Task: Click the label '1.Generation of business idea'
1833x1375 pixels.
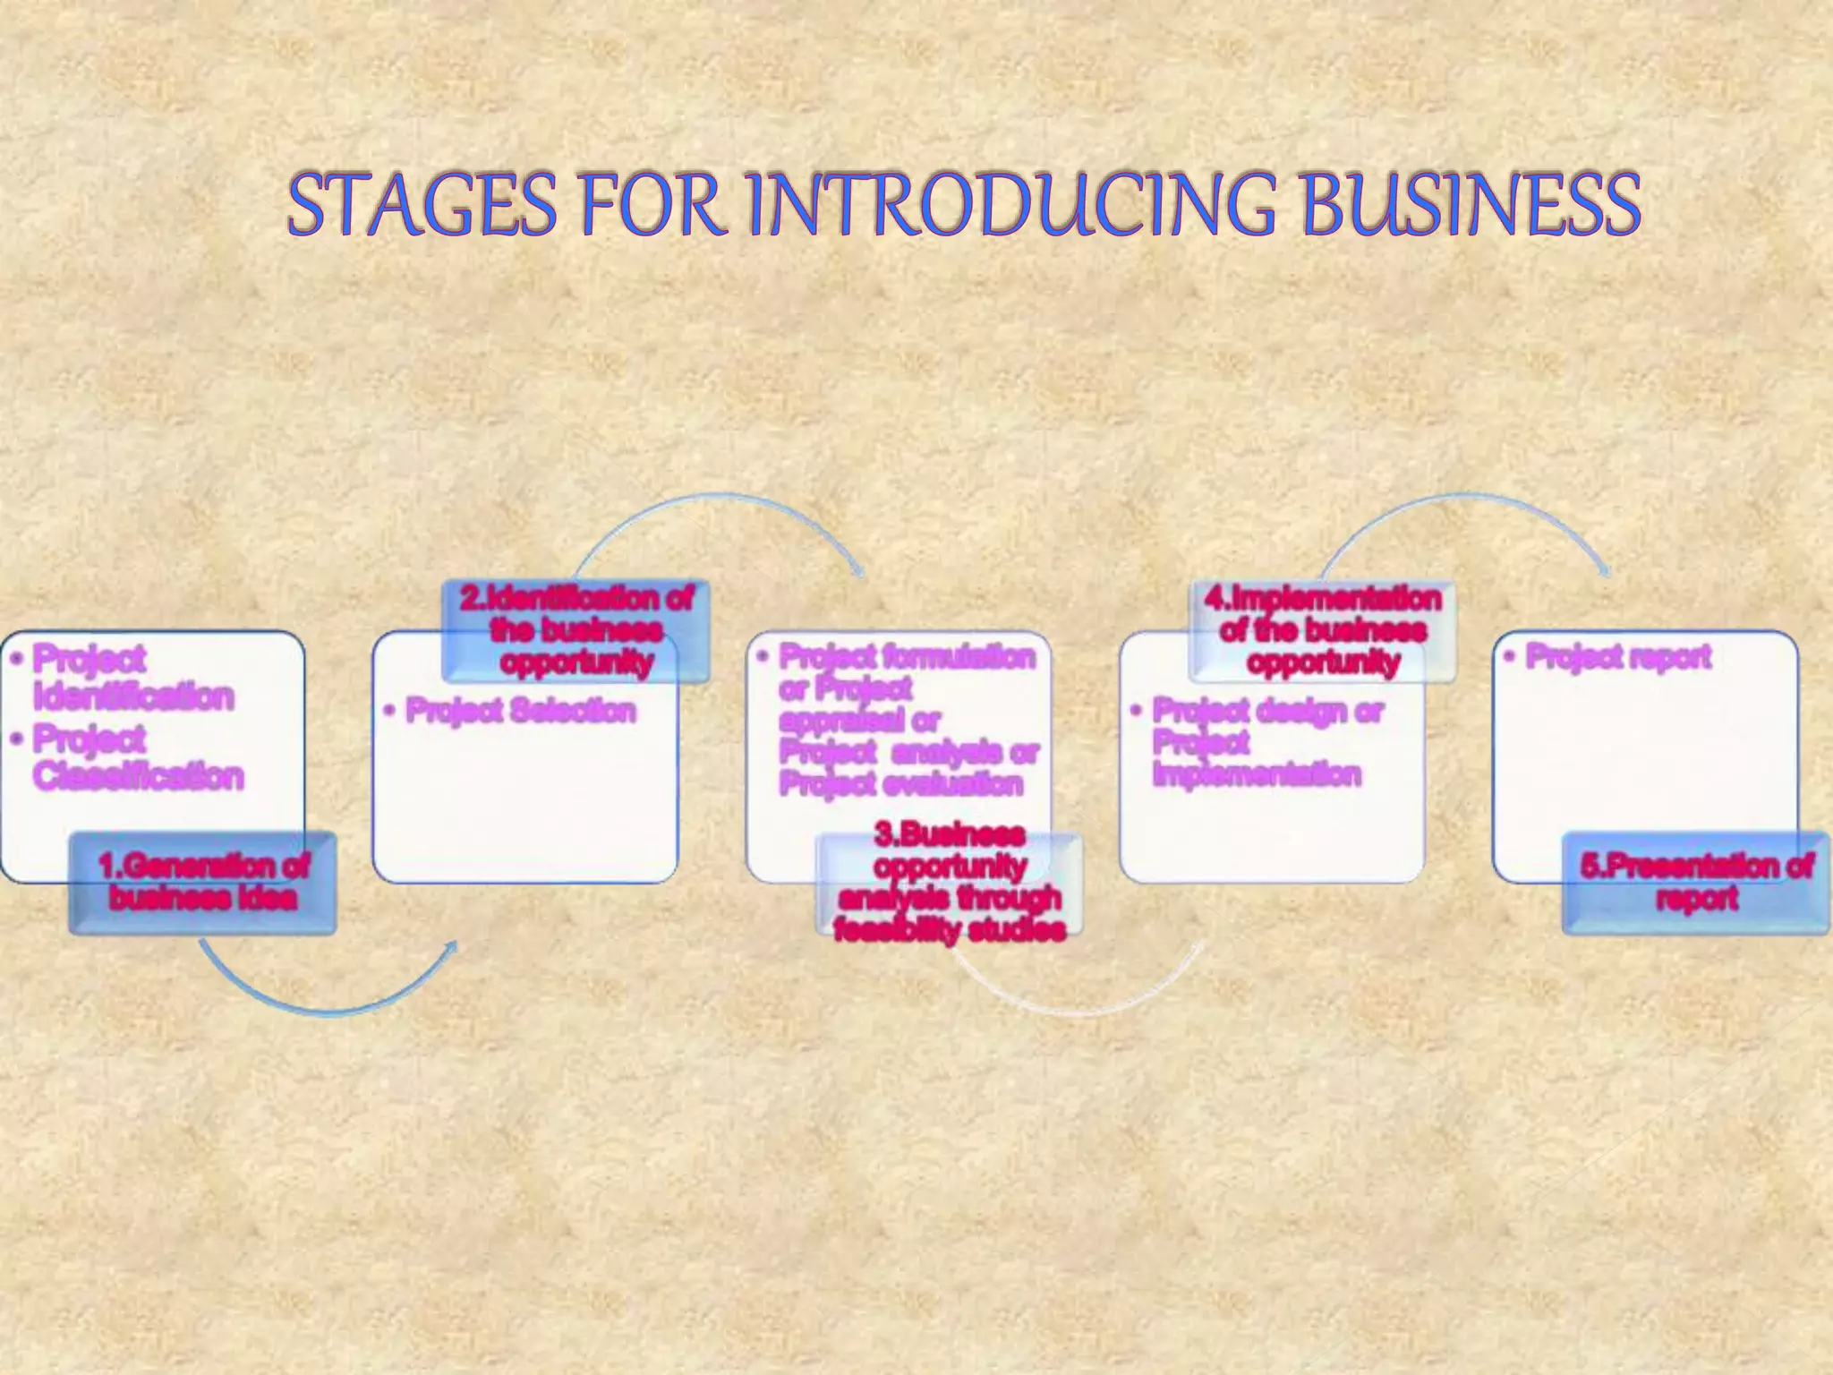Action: (203, 882)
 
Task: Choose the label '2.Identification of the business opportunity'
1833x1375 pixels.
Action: (576, 630)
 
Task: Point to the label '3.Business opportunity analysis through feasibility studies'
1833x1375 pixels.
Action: (950, 883)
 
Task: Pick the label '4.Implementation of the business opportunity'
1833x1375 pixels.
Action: (1323, 630)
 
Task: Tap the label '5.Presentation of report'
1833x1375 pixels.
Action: (1696, 882)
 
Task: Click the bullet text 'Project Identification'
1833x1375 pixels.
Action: (132, 679)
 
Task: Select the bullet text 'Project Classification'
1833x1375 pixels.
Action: (137, 758)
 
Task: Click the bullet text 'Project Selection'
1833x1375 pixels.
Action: (520, 711)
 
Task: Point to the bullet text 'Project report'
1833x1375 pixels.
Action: (1618, 656)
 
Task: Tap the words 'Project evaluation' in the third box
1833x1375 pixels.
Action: (900, 784)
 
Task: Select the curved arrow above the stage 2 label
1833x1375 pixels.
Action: (716, 501)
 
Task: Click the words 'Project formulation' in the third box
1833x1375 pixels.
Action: (907, 656)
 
